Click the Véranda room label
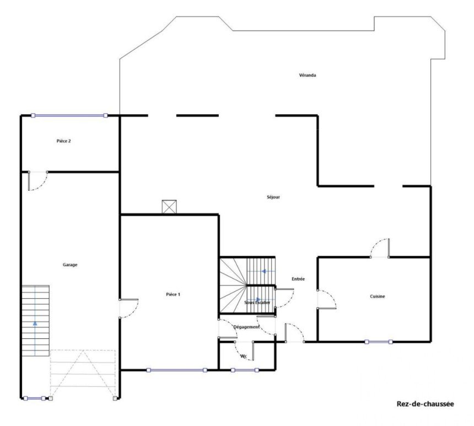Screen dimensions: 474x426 tap(308, 75)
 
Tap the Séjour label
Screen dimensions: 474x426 tap(273, 197)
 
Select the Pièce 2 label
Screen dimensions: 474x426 tap(63, 141)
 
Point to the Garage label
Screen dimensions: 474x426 tap(70, 265)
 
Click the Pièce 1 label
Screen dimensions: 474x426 tap(173, 294)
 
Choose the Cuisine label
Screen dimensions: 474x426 tap(378, 296)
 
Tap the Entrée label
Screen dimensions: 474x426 tap(298, 279)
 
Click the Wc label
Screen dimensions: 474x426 tap(244, 357)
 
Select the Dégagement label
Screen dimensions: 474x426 tap(246, 327)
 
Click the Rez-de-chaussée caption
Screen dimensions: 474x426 tap(425, 404)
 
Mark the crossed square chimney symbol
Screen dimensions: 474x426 tap(169, 207)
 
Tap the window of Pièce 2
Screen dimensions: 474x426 tap(69, 116)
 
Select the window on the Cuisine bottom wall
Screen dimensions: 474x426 tap(379, 342)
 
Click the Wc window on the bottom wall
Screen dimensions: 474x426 tap(245, 370)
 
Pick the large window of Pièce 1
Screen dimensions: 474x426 tap(176, 370)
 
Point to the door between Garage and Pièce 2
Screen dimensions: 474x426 tap(37, 181)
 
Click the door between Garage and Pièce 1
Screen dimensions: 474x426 tap(129, 309)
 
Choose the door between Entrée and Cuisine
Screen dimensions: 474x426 tap(326, 299)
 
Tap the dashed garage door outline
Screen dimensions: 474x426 tap(83, 374)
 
